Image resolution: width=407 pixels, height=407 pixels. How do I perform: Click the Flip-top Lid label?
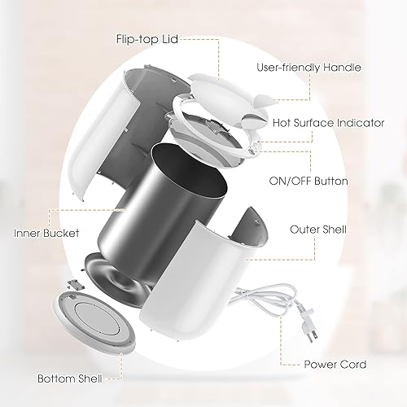[x=147, y=38]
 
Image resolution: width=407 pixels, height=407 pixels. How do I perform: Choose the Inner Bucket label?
[x=46, y=233]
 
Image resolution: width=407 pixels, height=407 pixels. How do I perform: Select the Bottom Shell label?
[x=67, y=379]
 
